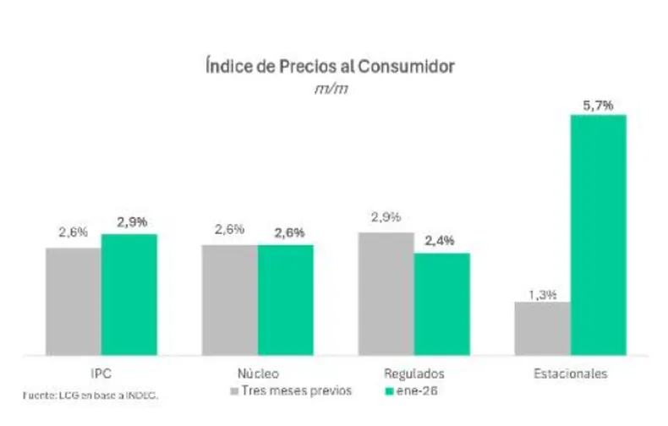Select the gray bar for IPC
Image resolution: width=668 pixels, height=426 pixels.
(74, 301)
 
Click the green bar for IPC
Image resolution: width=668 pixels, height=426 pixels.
(129, 294)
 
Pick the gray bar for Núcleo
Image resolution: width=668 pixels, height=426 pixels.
(229, 299)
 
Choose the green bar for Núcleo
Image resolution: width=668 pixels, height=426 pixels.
(286, 299)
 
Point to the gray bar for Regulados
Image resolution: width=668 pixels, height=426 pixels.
(386, 293)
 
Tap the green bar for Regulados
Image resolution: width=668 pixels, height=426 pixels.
(441, 303)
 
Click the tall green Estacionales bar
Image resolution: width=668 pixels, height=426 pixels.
(599, 234)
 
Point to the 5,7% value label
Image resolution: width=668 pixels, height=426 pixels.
(598, 106)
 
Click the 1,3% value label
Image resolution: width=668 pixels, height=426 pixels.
(542, 294)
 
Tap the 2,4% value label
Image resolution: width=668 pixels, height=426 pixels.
(441, 241)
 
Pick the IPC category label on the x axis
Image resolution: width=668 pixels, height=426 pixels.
(101, 373)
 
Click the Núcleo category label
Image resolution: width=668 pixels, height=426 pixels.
(257, 373)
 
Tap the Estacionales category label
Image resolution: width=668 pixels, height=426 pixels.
(570, 373)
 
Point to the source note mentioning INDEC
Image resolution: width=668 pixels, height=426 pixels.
(90, 395)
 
